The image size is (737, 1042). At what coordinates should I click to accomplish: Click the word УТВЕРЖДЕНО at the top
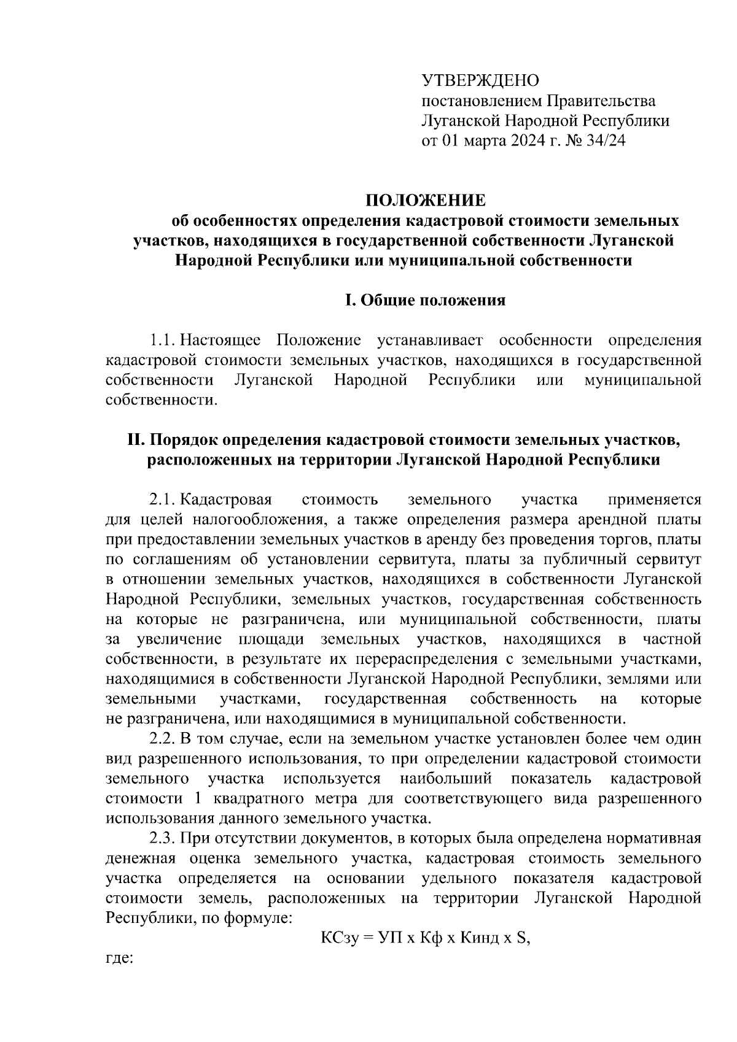[480, 80]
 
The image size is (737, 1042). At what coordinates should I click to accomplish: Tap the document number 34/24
[604, 141]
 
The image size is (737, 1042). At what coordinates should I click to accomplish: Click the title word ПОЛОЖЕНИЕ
[425, 201]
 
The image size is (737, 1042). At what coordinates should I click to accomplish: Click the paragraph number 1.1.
[163, 341]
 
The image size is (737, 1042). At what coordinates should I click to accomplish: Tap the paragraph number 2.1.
[163, 500]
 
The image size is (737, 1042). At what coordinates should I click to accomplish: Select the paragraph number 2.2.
[163, 739]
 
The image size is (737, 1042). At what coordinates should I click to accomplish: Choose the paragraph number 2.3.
[163, 839]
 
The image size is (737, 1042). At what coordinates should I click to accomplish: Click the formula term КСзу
[338, 939]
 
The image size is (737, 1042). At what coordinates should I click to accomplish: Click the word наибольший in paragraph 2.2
[446, 779]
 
